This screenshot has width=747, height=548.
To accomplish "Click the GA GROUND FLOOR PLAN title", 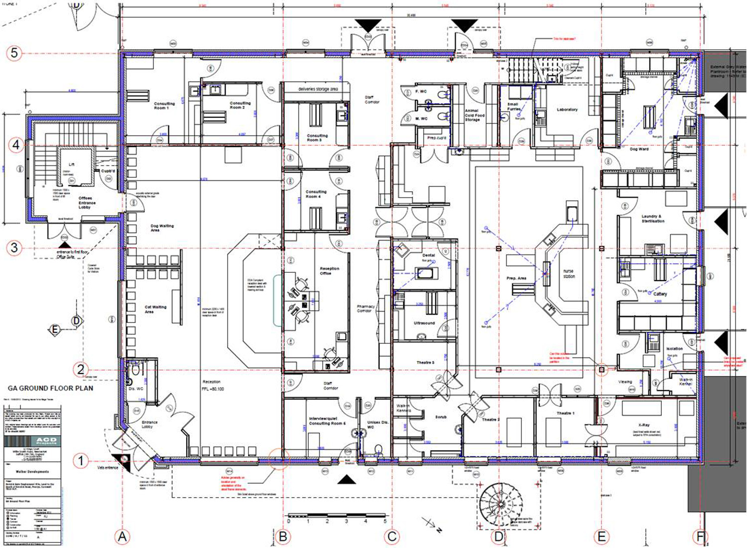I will coord(50,388).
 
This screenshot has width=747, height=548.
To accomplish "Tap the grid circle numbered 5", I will coord(14,53).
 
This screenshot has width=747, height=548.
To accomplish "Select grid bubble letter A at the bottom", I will coord(122,537).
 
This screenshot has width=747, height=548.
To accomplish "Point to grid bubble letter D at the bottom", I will coord(498,537).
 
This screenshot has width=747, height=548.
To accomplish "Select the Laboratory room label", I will coord(567,110).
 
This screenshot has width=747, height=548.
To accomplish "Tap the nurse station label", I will coord(569,274).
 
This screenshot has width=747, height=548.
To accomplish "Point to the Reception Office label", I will coord(329,271).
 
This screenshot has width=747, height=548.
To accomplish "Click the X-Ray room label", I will coord(643,425).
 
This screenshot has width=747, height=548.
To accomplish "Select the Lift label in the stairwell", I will coord(71,164).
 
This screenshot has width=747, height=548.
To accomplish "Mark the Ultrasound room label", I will coord(424,323).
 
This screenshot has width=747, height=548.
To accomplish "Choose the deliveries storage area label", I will coord(318,89).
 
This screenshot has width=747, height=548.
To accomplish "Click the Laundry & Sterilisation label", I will coord(652,219).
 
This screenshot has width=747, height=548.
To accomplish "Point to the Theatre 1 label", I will coord(565,413).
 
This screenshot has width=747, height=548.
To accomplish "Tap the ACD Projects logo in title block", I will coord(46,441).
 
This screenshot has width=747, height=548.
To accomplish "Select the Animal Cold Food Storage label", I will coord(474,115).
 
